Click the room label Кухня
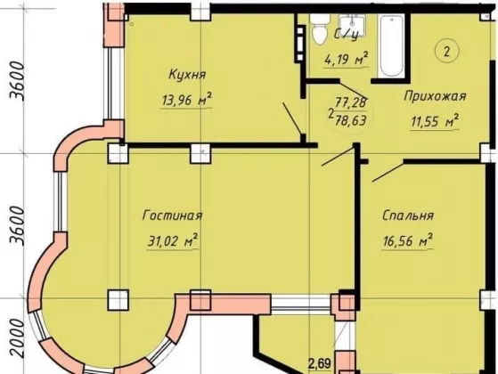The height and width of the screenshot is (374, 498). click(187, 75)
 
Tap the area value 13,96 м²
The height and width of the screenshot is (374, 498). click(187, 100)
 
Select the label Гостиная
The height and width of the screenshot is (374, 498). click(173, 215)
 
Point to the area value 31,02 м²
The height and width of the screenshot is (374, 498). click(173, 240)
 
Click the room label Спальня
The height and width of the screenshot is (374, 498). click(408, 215)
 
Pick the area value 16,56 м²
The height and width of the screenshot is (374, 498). click(408, 240)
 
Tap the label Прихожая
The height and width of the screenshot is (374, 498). click(435, 96)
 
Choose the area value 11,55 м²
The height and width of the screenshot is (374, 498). click(435, 120)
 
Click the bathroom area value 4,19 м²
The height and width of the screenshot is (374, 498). click(347, 59)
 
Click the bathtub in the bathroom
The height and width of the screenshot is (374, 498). click(391, 45)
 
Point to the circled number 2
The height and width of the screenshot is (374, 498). click(447, 52)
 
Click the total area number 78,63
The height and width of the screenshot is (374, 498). click(351, 120)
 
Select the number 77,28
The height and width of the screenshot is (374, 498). click(351, 102)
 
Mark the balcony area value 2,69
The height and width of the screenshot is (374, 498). click(320, 364)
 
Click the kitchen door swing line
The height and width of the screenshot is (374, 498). click(292, 118)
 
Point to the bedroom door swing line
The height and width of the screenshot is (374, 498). click(388, 172)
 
